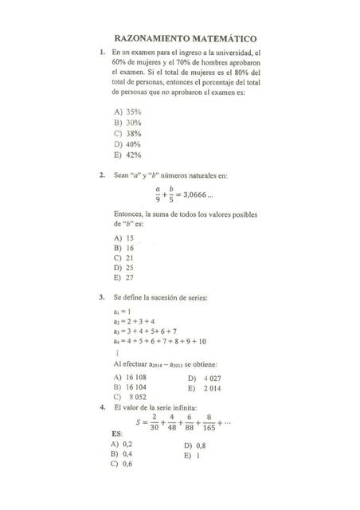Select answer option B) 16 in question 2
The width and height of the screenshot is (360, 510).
[x=123, y=248]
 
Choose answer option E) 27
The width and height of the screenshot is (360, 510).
[x=123, y=278]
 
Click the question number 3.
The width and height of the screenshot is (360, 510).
[x=102, y=298]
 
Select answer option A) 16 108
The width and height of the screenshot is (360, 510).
[x=131, y=377]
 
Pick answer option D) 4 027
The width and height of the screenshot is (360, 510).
[x=205, y=378]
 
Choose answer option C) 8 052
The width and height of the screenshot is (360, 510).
[x=131, y=396]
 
